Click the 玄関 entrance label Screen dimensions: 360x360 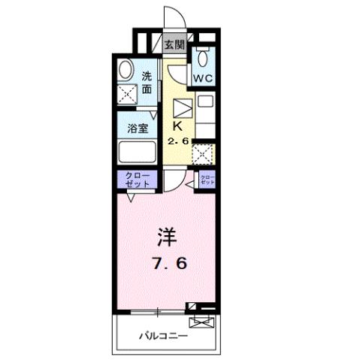[x=175, y=44]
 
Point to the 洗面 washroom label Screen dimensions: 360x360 [x=147, y=82]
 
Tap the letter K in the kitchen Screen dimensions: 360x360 [x=179, y=126]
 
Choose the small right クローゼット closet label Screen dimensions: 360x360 [x=207, y=180]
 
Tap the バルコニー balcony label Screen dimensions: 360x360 [x=163, y=336]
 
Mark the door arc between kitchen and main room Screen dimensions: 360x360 [x=172, y=180]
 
